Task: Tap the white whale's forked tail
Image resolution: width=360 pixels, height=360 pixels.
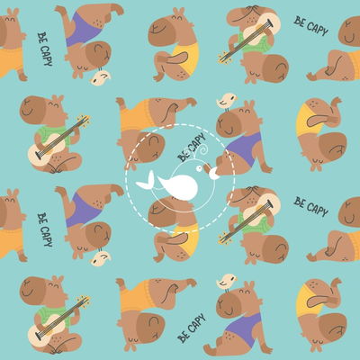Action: [146, 182]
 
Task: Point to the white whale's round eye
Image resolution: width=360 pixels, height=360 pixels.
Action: [199, 169]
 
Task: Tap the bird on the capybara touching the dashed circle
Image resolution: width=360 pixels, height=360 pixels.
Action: [227, 101]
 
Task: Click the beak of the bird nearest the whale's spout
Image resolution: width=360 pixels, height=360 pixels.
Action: [236, 97]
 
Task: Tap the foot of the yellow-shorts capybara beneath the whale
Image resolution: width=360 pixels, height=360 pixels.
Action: [158, 258]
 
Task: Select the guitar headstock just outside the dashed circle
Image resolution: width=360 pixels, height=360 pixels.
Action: [223, 238]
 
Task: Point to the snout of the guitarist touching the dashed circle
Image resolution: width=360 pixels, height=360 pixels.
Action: [241, 193]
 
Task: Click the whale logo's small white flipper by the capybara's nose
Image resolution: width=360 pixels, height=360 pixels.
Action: [215, 174]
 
